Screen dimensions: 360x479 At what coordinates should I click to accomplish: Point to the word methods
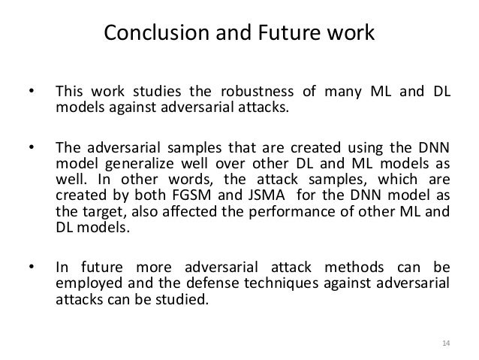[366, 268]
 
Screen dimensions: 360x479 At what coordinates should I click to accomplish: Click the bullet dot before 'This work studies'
[30, 94]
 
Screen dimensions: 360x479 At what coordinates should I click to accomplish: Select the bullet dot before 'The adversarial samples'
[30, 144]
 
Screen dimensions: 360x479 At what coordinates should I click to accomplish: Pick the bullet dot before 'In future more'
[30, 268]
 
